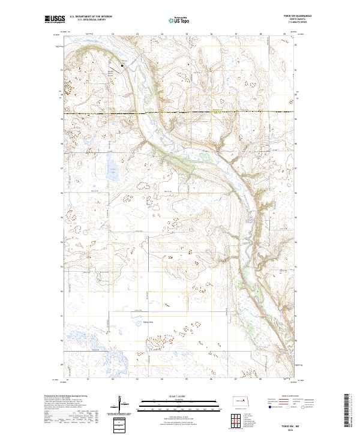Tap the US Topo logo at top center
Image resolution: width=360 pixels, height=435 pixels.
coord(178,20)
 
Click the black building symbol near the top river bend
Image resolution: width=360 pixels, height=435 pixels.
coord(122,65)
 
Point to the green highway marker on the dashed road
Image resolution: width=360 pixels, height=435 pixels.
coord(215,112)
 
